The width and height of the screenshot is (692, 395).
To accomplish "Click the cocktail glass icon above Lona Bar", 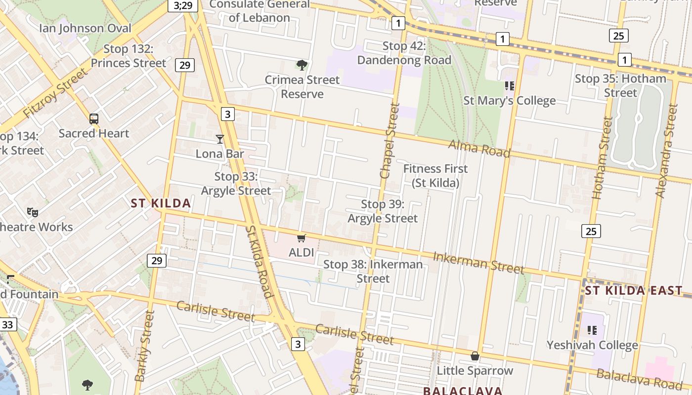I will click(220, 139).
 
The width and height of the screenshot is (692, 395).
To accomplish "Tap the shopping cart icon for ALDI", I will click(301, 238).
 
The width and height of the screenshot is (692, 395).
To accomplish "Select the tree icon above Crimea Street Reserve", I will click(302, 65).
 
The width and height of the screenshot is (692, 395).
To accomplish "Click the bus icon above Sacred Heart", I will click(94, 119).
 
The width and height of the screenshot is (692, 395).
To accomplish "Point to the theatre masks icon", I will click(33, 212).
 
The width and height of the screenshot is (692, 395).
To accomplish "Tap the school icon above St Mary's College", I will click(510, 86).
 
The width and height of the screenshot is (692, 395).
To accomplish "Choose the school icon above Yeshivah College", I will click(592, 330).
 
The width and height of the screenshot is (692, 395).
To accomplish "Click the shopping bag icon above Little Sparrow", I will click(475, 356).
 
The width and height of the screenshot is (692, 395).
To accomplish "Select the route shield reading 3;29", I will click(183, 5).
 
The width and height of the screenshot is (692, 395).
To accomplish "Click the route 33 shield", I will click(7, 324).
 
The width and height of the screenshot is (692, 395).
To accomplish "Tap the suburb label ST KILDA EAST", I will click(633, 290).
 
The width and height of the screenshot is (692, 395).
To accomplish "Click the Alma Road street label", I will click(479, 148).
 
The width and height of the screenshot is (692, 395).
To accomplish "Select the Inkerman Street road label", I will click(478, 262).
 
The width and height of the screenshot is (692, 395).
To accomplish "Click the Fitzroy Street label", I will click(55, 94).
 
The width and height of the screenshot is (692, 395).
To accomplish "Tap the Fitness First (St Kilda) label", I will click(435, 175).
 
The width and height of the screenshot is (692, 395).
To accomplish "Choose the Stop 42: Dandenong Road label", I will click(404, 53).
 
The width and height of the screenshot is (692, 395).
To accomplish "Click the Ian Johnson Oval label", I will click(86, 28).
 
